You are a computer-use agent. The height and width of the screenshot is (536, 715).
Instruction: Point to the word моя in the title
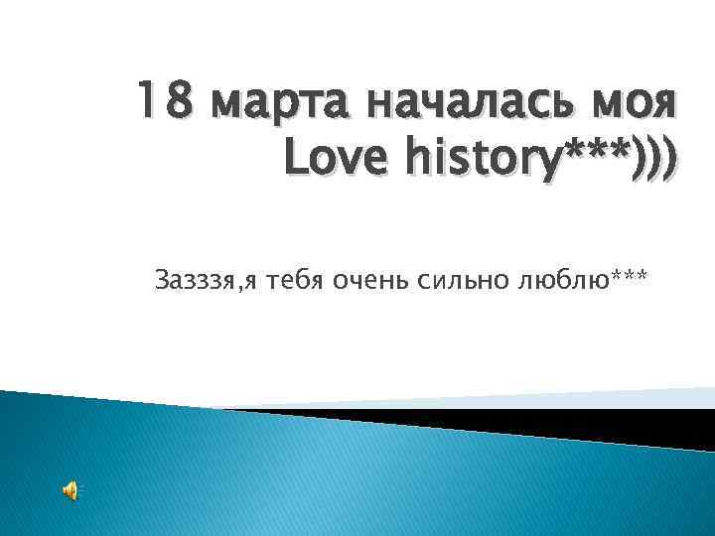(x=632, y=103)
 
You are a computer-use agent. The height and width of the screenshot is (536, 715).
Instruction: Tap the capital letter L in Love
(x=295, y=158)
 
